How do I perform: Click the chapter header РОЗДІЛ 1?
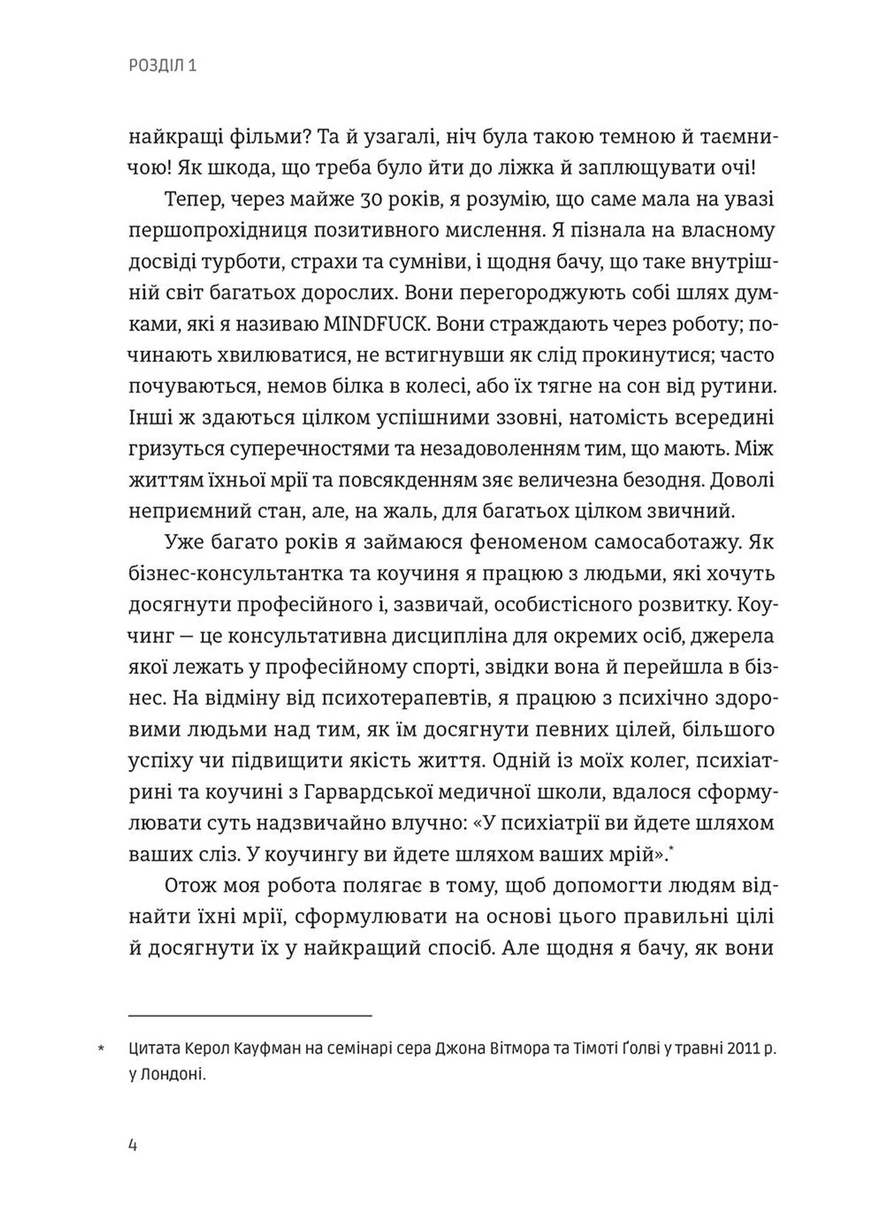(x=163, y=66)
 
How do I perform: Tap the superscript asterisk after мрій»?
(x=671, y=847)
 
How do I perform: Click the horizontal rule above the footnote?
(x=250, y=1016)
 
